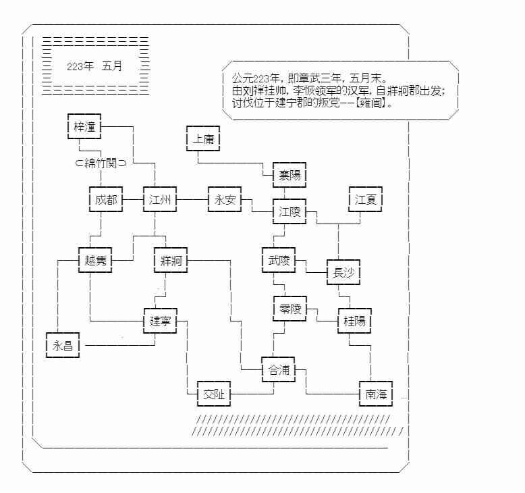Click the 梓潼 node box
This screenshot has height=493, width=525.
(84, 126)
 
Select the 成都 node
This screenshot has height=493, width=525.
(106, 200)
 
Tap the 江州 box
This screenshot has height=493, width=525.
(159, 200)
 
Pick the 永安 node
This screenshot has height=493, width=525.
(224, 200)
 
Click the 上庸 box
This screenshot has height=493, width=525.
(202, 139)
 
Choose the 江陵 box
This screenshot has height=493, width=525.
(289, 212)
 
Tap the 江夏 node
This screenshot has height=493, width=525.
(366, 200)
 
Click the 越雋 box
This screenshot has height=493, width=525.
(95, 261)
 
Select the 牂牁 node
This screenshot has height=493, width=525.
(170, 261)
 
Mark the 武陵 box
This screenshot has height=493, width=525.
(278, 261)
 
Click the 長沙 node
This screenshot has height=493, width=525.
(343, 273)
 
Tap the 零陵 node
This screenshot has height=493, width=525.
(289, 309)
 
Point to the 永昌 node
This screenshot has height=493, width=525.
(63, 346)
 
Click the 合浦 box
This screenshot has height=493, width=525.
(278, 369)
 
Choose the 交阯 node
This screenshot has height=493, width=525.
(213, 394)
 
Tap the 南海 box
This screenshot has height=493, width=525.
(376, 394)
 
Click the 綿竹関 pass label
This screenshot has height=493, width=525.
(101, 163)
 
